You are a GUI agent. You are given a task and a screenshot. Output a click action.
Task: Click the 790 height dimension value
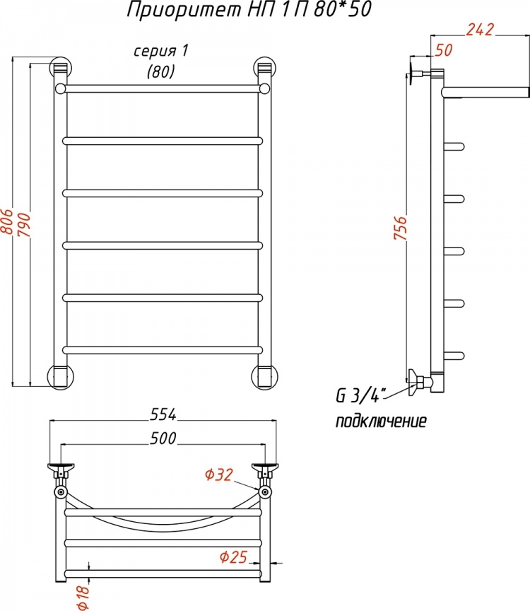[x=24, y=225]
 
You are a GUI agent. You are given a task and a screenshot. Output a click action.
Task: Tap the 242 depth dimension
[x=480, y=30]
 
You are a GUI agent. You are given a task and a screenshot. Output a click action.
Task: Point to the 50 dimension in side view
[x=444, y=50]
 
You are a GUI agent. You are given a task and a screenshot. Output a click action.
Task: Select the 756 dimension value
[x=400, y=228]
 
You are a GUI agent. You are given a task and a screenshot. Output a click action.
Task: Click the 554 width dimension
[x=163, y=414]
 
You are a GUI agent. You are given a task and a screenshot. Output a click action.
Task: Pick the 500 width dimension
[x=163, y=438]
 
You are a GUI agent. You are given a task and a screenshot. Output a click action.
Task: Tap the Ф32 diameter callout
[x=219, y=475]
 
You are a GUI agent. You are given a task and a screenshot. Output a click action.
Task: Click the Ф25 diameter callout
[x=233, y=557]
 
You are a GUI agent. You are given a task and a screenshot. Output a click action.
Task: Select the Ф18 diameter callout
[x=83, y=598]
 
